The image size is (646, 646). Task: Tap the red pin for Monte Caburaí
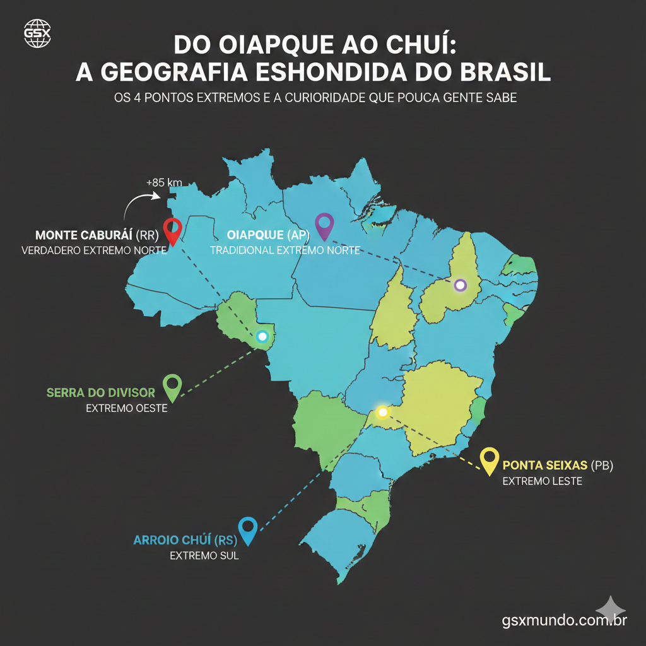coord(172,231)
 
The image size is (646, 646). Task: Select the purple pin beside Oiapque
coord(324,226)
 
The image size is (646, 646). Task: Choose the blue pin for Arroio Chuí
coord(248,530)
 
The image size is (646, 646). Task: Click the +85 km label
coord(164,182)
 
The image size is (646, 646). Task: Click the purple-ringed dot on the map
coord(461,285)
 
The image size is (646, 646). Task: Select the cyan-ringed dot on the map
coord(262,336)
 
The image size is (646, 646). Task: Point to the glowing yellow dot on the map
coord(382,413)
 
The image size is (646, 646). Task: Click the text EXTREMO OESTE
coord(127,408)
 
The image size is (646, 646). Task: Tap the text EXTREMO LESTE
coord(542,481)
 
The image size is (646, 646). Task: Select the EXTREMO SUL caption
coord(204,556)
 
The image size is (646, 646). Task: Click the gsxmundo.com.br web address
coord(564,620)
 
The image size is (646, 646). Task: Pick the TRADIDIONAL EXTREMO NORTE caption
coord(285,250)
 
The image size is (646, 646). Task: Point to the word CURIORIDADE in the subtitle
coord(349,100)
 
